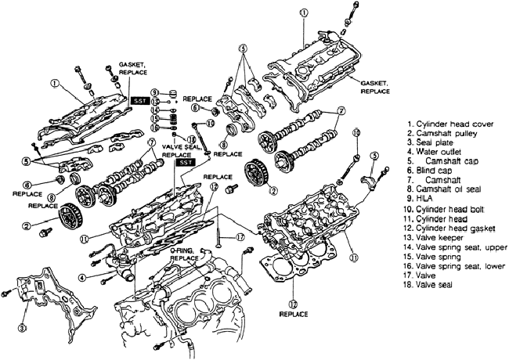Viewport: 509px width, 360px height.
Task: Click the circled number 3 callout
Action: click(x=22, y=328)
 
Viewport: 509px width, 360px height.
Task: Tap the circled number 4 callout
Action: click(x=82, y=278)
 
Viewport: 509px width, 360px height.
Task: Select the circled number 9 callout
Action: click(x=154, y=92)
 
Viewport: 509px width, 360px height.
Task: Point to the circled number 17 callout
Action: click(x=240, y=237)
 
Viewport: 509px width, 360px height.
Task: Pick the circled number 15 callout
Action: click(x=154, y=118)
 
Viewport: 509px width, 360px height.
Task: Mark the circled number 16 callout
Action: click(x=154, y=128)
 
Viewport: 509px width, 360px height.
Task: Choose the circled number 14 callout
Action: click(x=154, y=110)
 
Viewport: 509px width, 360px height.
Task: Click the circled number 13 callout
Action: click(x=154, y=101)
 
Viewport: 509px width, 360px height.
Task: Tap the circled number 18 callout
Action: click(x=192, y=139)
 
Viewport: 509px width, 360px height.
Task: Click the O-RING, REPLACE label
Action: click(x=184, y=254)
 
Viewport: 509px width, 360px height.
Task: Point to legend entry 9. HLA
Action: click(x=420, y=198)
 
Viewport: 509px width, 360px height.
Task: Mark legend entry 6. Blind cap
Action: click(x=429, y=170)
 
